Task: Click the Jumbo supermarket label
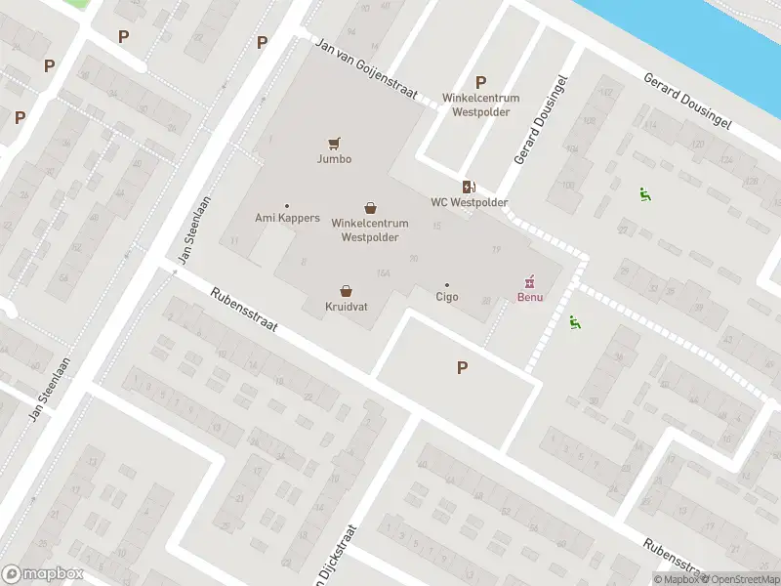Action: click(x=334, y=159)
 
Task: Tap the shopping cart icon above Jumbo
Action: click(x=334, y=144)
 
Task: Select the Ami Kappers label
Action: click(x=287, y=218)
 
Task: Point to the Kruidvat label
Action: click(x=346, y=306)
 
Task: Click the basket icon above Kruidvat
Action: click(x=346, y=291)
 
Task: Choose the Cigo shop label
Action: click(x=447, y=297)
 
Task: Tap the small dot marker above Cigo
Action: click(x=447, y=285)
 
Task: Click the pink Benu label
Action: click(x=530, y=297)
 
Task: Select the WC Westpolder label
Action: click(x=470, y=202)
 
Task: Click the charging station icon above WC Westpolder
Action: click(x=470, y=187)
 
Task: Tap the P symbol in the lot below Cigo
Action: click(x=462, y=368)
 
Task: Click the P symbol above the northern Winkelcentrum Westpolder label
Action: click(x=479, y=83)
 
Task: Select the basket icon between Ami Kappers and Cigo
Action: click(x=370, y=207)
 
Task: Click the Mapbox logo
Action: click(x=43, y=574)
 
